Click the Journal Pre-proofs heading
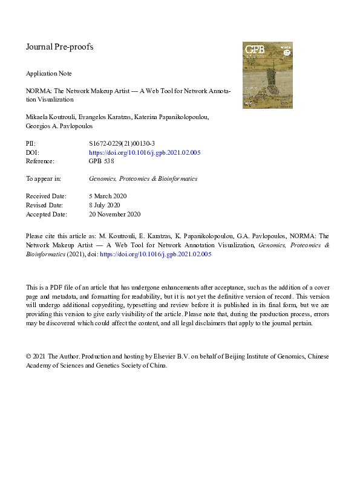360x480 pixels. point(59,47)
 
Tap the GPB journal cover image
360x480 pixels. point(267,75)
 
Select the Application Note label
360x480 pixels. point(48,74)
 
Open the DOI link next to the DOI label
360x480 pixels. point(145,153)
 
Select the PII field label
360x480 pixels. point(30,144)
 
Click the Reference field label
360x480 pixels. point(40,161)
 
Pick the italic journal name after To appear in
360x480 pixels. point(143,179)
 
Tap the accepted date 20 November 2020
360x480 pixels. point(114,214)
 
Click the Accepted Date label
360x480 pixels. point(47,214)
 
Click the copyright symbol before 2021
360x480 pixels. point(28,357)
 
